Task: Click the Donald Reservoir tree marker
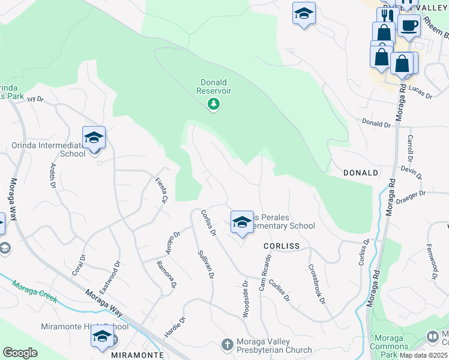click(213, 105)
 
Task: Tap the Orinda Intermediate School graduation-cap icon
click(94, 138)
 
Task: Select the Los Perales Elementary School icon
click(241, 221)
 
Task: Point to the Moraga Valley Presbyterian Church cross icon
click(227, 344)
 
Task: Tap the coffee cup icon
click(409, 25)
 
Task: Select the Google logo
click(20, 352)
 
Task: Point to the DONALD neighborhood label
click(361, 173)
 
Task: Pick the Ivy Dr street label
click(36, 99)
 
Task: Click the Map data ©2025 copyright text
click(424, 354)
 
